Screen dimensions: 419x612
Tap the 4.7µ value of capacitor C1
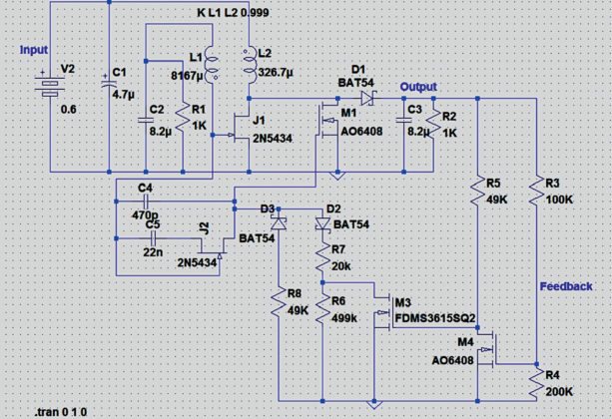coord(122,93)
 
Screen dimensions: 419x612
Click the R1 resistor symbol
coord(182,117)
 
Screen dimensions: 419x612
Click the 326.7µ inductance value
coord(276,73)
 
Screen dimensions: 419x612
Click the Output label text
coord(418,87)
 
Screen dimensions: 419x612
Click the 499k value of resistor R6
coord(344,317)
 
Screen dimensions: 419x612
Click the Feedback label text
coord(566,285)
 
